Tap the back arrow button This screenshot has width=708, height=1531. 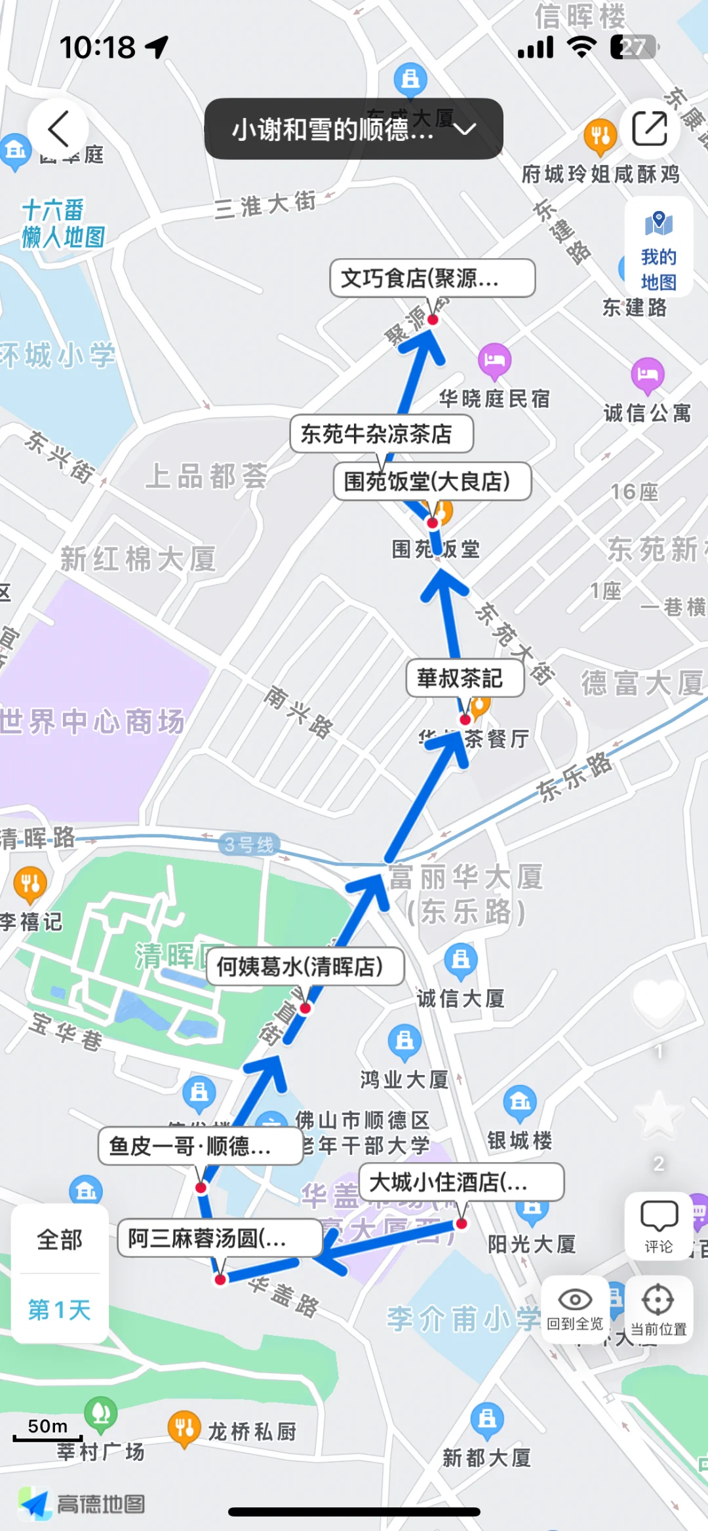point(58,128)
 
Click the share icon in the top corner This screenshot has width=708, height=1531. point(649,128)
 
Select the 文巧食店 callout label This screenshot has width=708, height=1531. point(432,278)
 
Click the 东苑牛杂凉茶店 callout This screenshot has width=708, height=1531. point(382,434)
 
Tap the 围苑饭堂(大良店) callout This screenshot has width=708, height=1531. point(432,482)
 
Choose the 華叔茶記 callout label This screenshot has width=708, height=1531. point(465,678)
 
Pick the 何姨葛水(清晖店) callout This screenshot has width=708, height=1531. point(305,966)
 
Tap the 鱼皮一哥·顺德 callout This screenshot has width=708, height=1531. point(200,1146)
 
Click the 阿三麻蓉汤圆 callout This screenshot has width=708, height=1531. point(220,1238)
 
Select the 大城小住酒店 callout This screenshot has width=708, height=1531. point(462,1182)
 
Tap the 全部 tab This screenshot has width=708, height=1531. point(60,1240)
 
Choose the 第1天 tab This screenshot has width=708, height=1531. point(60,1310)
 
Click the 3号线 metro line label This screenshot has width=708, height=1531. point(249,844)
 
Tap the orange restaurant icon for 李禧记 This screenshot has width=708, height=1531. point(30,882)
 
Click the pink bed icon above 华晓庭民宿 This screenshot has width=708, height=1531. point(494,360)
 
